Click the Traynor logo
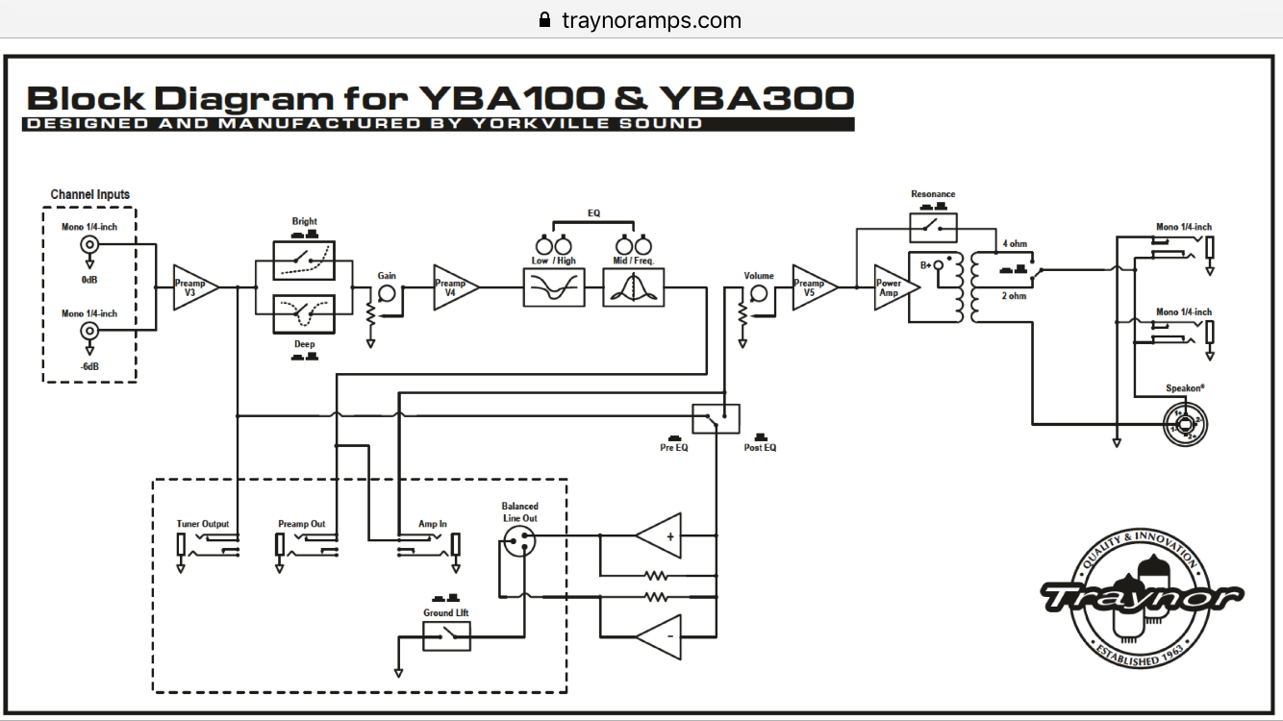pyautogui.click(x=1141, y=598)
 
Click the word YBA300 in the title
pyautogui.click(x=757, y=98)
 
